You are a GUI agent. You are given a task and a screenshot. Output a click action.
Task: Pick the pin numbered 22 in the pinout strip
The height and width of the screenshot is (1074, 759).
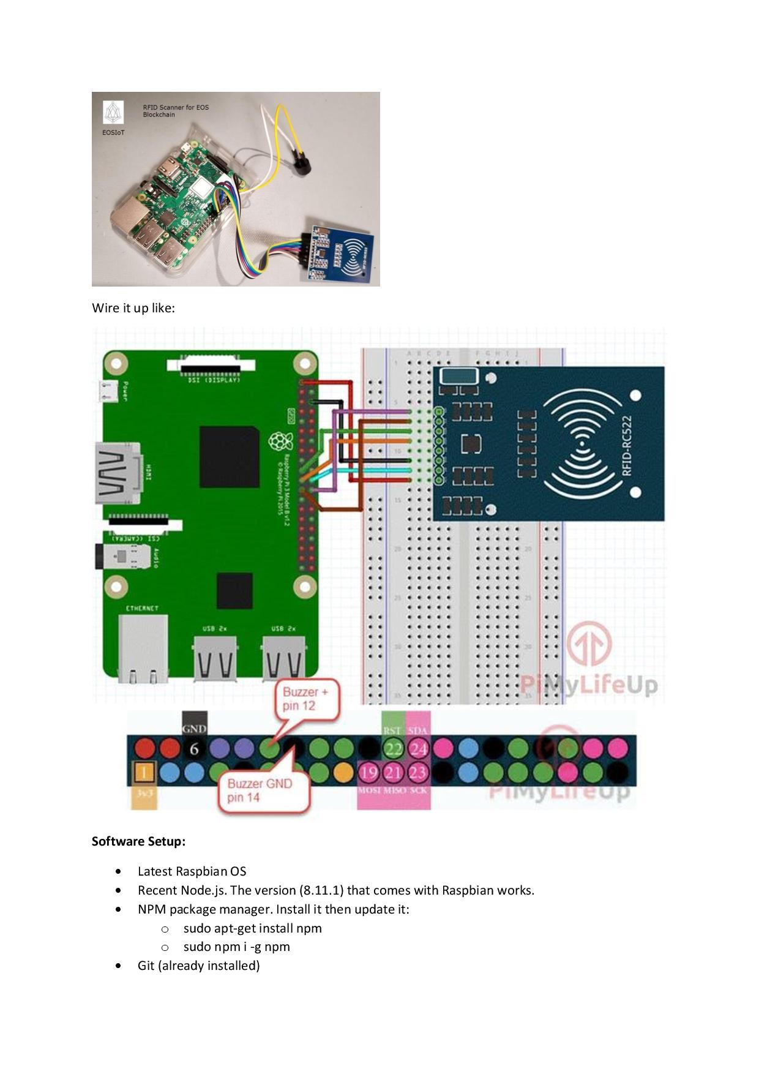point(393,749)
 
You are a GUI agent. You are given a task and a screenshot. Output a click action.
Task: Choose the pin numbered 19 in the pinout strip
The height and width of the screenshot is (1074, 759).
point(368,772)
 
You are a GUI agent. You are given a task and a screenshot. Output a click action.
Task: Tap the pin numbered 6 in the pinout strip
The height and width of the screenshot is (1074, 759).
point(194,749)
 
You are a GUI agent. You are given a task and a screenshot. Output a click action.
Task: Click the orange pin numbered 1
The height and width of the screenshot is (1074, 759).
point(143,772)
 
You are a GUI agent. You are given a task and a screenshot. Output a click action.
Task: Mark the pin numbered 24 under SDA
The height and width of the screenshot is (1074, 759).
point(418,749)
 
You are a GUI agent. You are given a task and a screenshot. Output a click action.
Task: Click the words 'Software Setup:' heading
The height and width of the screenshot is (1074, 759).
point(138,841)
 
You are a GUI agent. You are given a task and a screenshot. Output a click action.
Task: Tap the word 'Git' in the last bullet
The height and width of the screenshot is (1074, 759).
point(146,966)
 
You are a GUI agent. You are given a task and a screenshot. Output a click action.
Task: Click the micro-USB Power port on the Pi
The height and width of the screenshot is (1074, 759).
point(109,390)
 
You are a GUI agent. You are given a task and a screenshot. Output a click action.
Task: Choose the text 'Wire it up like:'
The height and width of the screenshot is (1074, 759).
point(133,307)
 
